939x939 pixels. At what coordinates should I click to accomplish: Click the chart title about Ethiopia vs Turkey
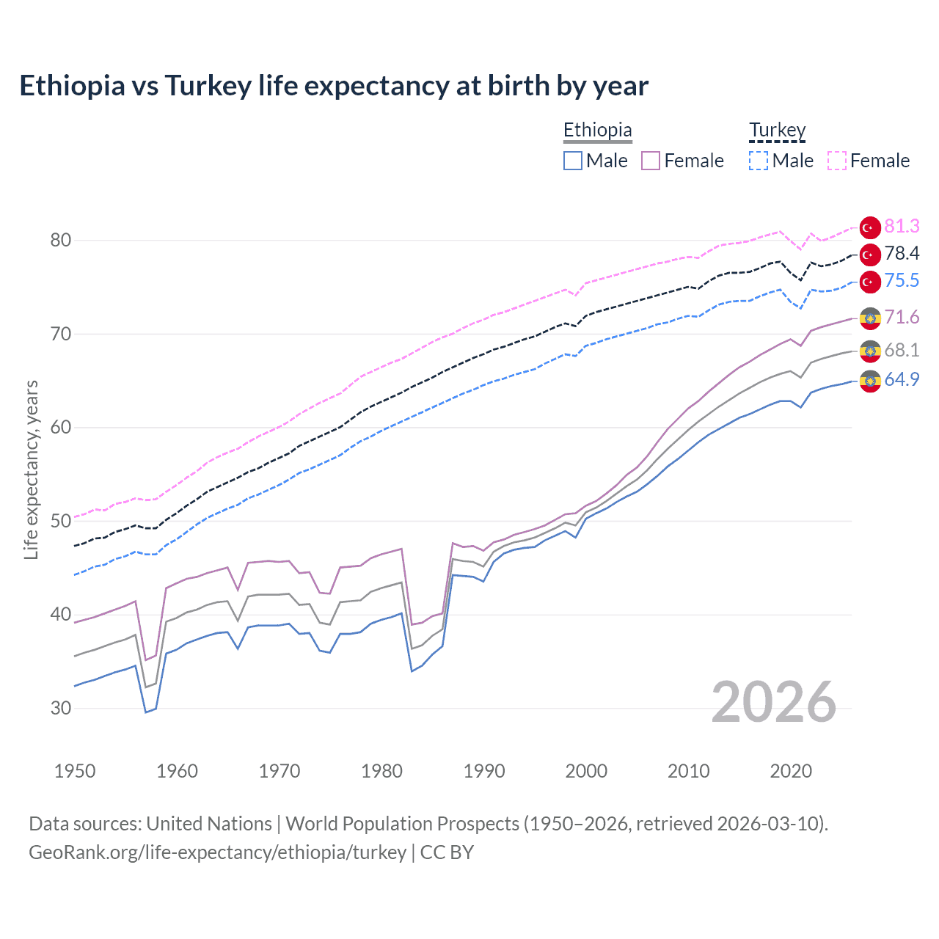[334, 86]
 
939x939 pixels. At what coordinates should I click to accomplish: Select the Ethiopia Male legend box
[573, 161]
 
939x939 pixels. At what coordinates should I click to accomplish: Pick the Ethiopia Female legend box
[651, 161]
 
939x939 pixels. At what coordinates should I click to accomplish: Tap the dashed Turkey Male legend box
[759, 161]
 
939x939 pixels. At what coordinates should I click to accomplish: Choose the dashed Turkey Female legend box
[837, 161]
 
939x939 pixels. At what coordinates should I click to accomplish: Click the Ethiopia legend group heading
[597, 130]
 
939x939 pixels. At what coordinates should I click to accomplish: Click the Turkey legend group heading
[777, 130]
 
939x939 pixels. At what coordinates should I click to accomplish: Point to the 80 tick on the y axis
[61, 241]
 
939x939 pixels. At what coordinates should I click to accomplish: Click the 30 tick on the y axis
[61, 709]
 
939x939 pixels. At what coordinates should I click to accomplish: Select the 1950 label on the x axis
[75, 771]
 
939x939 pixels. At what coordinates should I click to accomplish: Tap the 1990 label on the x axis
[484, 771]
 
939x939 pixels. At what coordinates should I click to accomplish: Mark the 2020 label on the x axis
[791, 771]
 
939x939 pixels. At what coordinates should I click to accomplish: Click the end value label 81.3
[902, 226]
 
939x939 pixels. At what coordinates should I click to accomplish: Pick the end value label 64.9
[902, 379]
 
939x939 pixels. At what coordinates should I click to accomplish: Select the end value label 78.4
[902, 254]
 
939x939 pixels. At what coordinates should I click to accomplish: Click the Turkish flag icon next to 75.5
[870, 282]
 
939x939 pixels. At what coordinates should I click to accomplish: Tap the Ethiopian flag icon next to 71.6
[870, 318]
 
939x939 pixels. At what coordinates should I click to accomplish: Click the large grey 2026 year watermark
[774, 702]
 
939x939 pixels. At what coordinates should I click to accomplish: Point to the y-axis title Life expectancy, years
[31, 469]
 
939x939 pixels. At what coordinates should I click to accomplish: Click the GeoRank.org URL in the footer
[217, 852]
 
